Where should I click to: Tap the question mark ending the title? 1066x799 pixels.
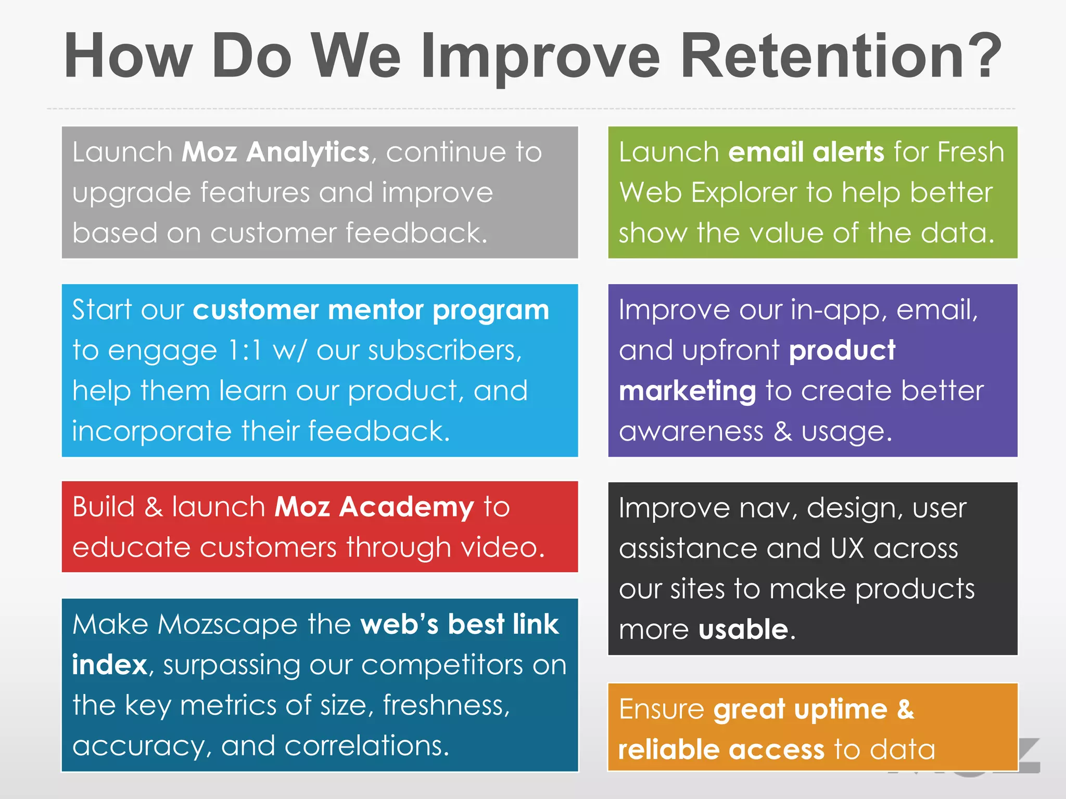(981, 56)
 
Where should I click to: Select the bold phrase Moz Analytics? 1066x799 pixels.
(275, 152)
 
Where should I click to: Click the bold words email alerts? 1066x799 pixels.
(806, 152)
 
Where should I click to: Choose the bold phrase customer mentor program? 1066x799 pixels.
(371, 311)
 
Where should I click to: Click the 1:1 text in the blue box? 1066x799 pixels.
(245, 351)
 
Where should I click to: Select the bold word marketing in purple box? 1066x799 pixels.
(687, 391)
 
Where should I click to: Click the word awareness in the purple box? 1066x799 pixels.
(691, 432)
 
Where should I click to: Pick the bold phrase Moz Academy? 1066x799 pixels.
(374, 507)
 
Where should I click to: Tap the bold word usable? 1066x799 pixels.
(743, 629)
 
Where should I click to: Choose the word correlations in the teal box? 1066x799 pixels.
(365, 745)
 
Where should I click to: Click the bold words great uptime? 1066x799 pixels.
(800, 710)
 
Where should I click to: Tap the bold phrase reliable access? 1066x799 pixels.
(721, 750)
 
